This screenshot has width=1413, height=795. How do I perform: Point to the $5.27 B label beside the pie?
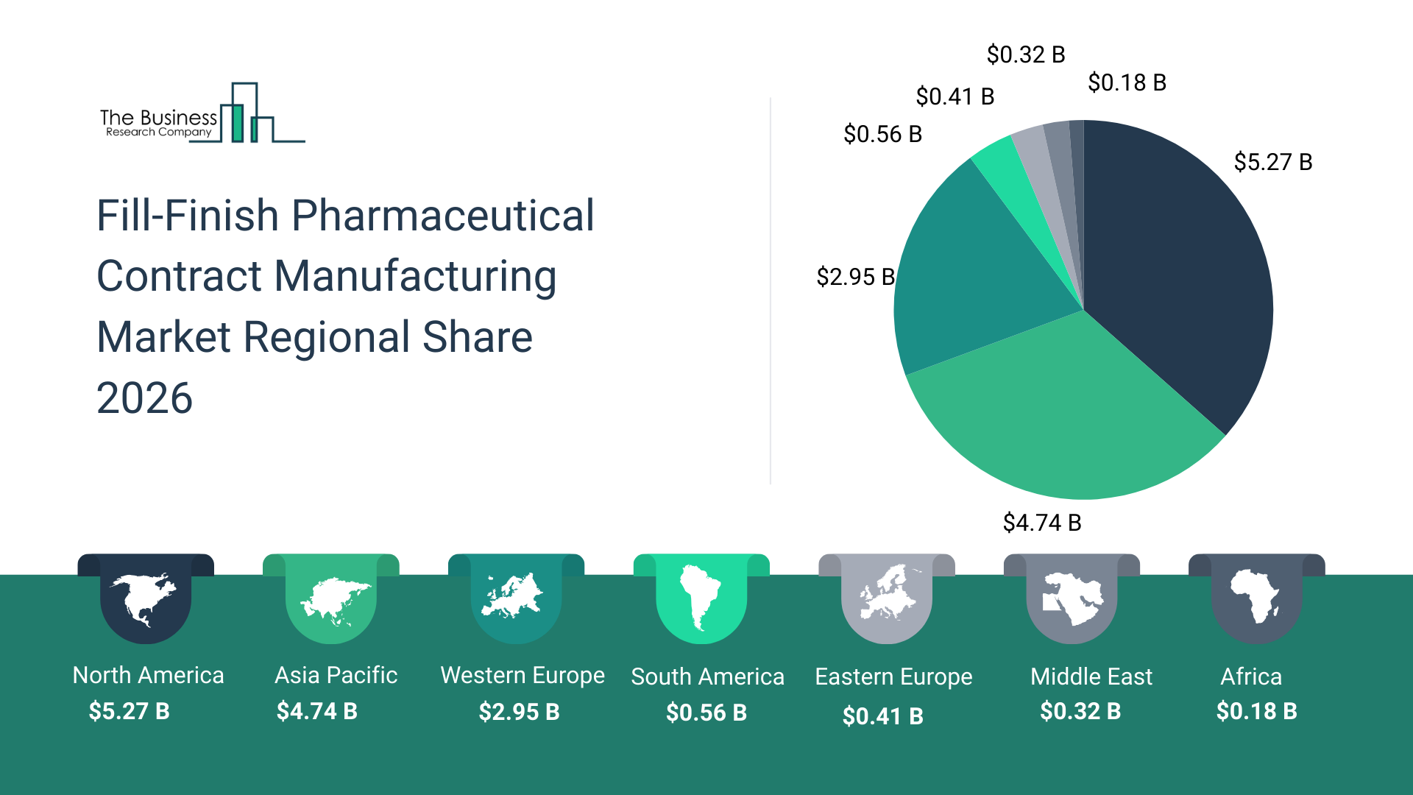1272,162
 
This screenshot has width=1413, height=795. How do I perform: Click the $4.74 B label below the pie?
1041,523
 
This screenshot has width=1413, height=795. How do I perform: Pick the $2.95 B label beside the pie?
855,277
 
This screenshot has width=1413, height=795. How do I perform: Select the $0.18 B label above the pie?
1127,82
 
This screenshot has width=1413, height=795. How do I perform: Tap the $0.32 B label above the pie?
1025,54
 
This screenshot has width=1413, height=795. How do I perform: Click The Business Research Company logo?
202,114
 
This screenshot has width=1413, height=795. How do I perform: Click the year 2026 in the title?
145,398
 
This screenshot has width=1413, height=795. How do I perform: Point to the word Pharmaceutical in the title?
442,216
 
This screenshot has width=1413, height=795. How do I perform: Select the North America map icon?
145,598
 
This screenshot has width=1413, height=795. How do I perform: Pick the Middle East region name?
1091,676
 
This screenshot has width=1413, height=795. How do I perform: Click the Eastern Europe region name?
893,676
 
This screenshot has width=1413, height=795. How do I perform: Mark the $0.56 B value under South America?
706,713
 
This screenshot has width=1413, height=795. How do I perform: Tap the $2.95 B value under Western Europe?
519,712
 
